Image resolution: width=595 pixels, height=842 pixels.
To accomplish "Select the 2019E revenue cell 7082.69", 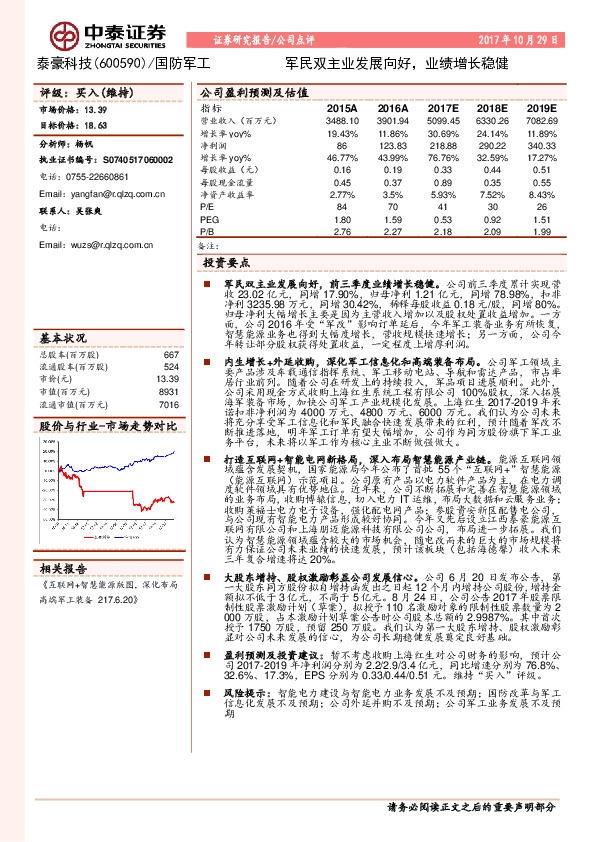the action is coord(541,120).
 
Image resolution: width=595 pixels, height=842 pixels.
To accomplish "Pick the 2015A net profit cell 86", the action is coord(342,146).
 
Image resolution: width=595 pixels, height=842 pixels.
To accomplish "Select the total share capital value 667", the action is coord(170,327).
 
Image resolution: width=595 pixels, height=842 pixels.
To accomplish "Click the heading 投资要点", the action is coord(226,262).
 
